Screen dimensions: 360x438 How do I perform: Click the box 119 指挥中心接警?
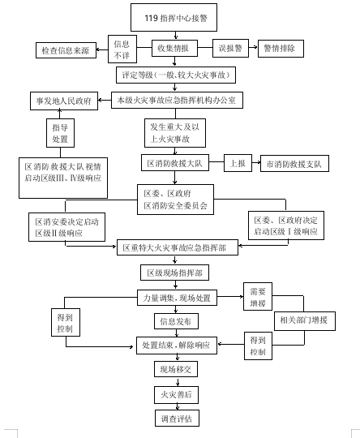click(174, 17)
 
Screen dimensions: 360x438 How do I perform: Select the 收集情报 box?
click(174, 49)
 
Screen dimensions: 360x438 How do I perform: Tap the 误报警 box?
click(230, 49)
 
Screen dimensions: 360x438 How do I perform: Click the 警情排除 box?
click(281, 49)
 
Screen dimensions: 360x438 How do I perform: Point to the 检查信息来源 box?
click(66, 50)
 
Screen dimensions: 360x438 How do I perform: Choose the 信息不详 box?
click(122, 49)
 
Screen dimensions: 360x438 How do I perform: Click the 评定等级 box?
click(176, 75)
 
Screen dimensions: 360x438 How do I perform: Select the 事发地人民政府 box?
click(64, 101)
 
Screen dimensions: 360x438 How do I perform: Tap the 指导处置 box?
click(60, 133)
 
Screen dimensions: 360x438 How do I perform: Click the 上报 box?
click(238, 163)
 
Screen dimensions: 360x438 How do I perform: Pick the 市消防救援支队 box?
click(294, 163)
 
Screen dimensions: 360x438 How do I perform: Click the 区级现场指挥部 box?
click(174, 273)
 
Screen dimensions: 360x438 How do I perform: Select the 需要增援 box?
click(258, 296)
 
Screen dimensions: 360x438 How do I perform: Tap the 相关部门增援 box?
click(305, 321)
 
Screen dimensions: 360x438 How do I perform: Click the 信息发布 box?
click(176, 321)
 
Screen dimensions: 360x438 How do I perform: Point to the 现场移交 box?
click(176, 369)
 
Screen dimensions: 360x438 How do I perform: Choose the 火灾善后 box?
click(176, 395)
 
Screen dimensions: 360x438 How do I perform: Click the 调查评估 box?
click(177, 419)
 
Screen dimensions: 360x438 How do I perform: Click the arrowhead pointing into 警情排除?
click(255, 47)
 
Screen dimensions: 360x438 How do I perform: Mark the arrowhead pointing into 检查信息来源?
click(98, 50)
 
